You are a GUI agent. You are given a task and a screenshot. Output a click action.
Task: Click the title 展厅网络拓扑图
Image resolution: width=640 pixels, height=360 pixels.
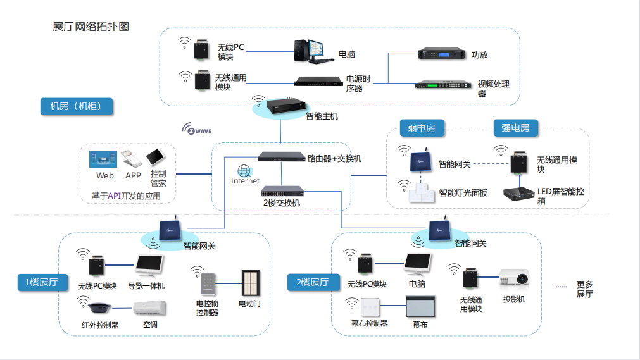point(91,27)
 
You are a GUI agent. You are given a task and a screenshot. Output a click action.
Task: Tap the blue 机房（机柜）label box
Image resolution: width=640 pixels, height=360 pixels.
point(76,106)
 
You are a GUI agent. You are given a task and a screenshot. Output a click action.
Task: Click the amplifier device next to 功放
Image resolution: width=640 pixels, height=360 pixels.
point(442,54)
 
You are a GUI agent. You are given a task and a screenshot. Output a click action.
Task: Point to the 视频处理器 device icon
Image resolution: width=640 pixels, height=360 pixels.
point(443,85)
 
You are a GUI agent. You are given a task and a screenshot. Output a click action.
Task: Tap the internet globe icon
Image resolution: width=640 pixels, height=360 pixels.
point(245,171)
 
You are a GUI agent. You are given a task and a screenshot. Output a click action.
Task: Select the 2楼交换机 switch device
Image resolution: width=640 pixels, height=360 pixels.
point(281,190)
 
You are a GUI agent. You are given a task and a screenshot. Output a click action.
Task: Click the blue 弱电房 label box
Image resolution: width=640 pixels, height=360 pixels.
point(421,128)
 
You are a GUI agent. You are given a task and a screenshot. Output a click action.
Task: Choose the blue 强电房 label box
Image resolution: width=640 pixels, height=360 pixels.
point(515,128)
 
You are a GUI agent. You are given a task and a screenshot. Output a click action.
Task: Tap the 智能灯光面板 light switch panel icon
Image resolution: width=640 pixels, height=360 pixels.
point(423,193)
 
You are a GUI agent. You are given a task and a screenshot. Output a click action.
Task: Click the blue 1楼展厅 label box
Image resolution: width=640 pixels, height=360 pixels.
point(42,282)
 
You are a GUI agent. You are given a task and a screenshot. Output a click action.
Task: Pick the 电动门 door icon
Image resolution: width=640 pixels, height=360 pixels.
point(251,283)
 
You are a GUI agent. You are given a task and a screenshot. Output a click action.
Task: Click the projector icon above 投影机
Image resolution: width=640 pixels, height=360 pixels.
point(513,278)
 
